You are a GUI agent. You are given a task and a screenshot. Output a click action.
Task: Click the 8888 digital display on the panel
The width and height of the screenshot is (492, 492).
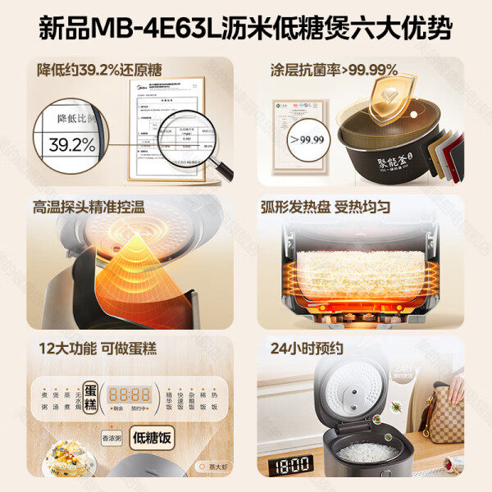pyautogui.click(x=131, y=393)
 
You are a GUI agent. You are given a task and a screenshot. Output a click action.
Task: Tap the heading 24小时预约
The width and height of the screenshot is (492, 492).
pyautogui.click(x=306, y=348)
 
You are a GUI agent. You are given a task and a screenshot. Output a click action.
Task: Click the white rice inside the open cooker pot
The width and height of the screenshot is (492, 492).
pyautogui.click(x=367, y=452)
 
